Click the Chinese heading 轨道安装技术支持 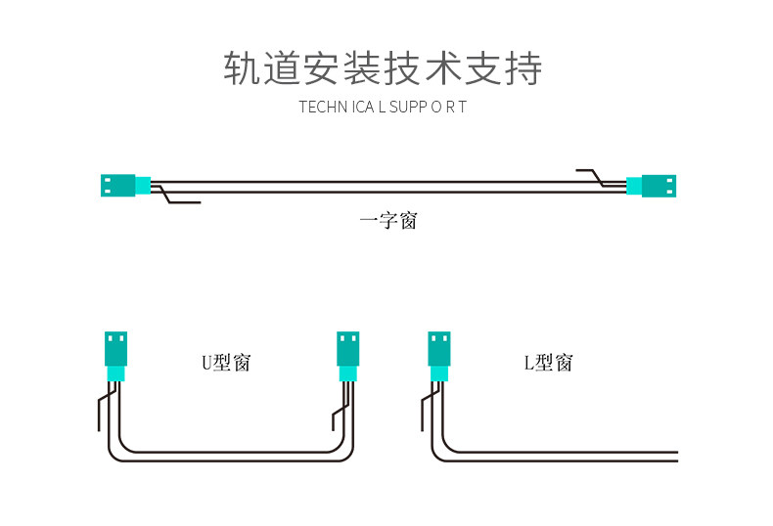coord(383,68)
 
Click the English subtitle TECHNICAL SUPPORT coord(383,107)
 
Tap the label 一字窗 coord(388,221)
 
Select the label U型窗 coord(226,363)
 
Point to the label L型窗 coord(548,363)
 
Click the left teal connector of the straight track coord(125,186)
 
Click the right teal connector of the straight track coord(652,186)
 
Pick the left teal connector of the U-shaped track coord(115,356)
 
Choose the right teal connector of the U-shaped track coord(348,356)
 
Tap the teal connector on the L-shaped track coord(439,356)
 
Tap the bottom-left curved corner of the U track coord(116,452)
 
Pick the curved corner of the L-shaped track coord(439,452)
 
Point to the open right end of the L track coord(677,457)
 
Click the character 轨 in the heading coord(243,68)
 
